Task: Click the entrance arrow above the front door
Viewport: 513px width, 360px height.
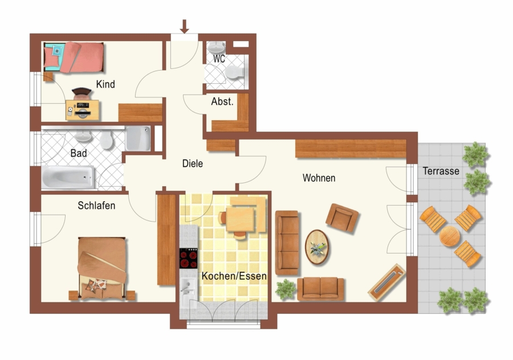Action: tap(184, 26)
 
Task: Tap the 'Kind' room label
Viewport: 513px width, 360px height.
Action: tap(105, 84)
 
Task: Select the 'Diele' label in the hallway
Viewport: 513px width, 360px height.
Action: tap(193, 163)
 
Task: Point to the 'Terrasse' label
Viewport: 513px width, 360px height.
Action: tap(441, 171)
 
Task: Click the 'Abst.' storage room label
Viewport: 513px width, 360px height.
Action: tap(222, 102)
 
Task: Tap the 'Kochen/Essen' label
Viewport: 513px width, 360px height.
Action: tap(234, 276)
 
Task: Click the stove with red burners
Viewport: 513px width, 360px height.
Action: tap(189, 258)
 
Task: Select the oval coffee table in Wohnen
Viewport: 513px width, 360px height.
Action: tap(317, 247)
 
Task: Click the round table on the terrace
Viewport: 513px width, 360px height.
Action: tap(450, 236)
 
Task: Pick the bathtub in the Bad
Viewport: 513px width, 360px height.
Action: tap(68, 177)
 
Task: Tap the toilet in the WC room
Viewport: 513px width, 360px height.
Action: tap(235, 72)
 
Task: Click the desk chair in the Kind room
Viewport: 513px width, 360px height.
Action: tap(82, 93)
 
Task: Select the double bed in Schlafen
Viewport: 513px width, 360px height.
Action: tap(102, 268)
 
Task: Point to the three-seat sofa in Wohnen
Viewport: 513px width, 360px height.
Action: tap(287, 243)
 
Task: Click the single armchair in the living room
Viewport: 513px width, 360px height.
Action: tap(342, 218)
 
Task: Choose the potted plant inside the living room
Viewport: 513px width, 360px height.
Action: tap(286, 289)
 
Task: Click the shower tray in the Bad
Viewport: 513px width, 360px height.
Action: tap(138, 138)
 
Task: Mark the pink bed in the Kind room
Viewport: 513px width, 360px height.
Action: tap(74, 57)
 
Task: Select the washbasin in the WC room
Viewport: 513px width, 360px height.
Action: tap(216, 48)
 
